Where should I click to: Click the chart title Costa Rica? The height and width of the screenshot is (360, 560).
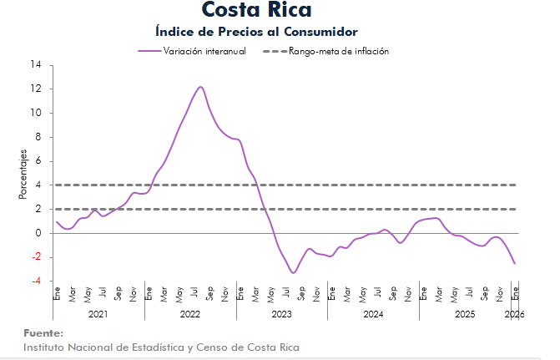tap(256, 11)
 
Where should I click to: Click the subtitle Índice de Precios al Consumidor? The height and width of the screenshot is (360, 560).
tap(256, 32)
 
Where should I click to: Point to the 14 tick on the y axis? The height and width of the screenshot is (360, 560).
tap(36, 64)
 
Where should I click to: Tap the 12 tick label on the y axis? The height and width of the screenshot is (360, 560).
tap(36, 89)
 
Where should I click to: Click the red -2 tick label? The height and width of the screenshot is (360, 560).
tap(36, 258)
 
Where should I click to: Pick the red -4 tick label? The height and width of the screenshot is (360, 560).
tap(36, 281)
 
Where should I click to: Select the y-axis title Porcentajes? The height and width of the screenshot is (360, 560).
tap(23, 174)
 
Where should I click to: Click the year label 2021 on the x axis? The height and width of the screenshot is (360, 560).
tap(98, 314)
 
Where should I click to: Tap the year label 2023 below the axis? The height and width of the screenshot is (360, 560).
tap(281, 314)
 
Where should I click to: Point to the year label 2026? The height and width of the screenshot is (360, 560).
tap(515, 314)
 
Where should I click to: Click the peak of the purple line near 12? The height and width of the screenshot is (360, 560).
tap(200, 87)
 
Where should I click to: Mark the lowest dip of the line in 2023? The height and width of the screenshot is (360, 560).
tap(293, 272)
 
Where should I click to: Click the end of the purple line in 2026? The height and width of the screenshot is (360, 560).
tap(515, 264)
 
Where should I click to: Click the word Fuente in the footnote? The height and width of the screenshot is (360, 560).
tap(43, 333)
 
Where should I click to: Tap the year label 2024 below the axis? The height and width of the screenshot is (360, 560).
tap(373, 314)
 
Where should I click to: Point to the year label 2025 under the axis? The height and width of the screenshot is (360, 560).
tap(465, 314)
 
